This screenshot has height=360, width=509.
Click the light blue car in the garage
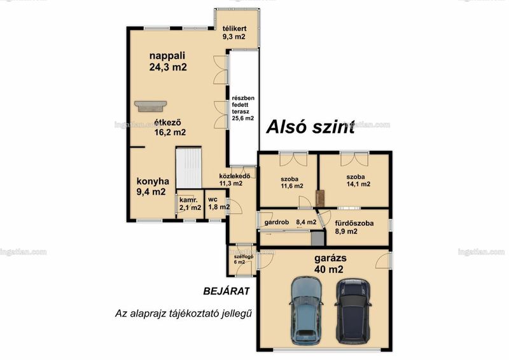click(x=306, y=310)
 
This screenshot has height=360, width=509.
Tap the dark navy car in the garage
click(x=353, y=310)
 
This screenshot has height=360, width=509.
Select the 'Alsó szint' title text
click(x=310, y=127)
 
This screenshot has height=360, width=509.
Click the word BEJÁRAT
click(x=227, y=291)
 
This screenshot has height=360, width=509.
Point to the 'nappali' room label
click(x=167, y=55)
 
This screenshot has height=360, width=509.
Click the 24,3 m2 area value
click(x=168, y=67)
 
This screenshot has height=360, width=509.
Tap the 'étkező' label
click(x=167, y=122)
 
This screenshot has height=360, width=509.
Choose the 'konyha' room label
click(x=153, y=181)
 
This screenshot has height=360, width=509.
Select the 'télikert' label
click(x=234, y=29)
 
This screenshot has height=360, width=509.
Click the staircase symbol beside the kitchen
click(x=188, y=167)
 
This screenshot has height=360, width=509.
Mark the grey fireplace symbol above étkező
click(x=151, y=106)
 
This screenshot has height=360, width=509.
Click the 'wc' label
click(x=213, y=199)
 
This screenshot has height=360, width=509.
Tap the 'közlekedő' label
click(x=235, y=176)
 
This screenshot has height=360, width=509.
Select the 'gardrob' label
click(x=277, y=223)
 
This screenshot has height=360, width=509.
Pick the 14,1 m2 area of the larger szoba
click(x=358, y=184)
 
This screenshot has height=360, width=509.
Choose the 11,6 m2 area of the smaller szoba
click(x=292, y=186)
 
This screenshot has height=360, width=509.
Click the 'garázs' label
click(x=330, y=259)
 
